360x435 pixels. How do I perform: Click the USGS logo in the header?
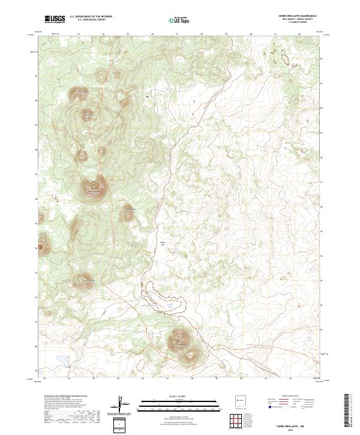pyautogui.click(x=55, y=19)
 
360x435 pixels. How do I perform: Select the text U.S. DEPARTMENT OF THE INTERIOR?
pyautogui.click(x=91, y=17)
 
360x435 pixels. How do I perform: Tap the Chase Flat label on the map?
pyautogui.click(x=161, y=243)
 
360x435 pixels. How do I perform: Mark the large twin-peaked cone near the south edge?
pyautogui.click(x=181, y=342)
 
